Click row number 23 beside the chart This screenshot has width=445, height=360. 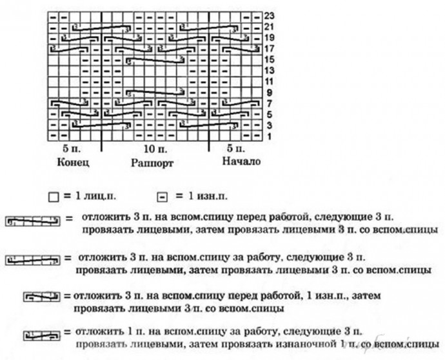[270, 14]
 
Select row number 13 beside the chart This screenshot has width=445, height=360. [270, 70]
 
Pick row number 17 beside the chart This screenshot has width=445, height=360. [270, 48]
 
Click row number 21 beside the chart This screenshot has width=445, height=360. [270, 26]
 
